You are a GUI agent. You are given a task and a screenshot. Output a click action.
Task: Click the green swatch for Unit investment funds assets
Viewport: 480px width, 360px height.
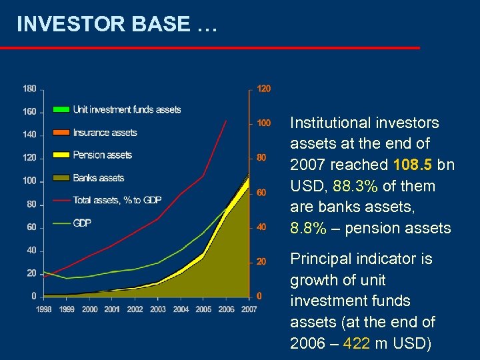(x=61, y=109)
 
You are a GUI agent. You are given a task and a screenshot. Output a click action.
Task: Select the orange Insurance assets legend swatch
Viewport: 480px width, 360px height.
(x=61, y=132)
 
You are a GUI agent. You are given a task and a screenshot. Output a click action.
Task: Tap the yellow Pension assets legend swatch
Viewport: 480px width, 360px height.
(x=61, y=155)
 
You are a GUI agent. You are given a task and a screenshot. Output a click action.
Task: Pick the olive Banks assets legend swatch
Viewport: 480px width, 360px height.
(x=61, y=178)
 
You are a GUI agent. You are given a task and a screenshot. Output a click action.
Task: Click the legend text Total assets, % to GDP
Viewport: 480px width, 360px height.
(x=117, y=200)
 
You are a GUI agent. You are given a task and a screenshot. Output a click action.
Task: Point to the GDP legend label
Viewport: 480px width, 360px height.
(x=82, y=223)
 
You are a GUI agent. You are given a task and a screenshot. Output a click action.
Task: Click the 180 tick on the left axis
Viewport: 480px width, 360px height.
(x=29, y=88)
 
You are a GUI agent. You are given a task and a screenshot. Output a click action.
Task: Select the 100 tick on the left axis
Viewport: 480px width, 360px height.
(x=29, y=181)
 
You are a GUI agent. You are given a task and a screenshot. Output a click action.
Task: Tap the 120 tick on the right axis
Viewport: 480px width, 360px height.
(x=264, y=89)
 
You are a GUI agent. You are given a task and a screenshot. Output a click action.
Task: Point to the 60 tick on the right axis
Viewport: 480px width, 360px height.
(x=262, y=193)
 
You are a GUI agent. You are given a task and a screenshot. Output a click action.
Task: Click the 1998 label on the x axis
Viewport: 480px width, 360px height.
(x=44, y=309)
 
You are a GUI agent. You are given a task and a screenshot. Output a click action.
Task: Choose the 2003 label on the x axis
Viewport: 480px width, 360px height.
(x=157, y=309)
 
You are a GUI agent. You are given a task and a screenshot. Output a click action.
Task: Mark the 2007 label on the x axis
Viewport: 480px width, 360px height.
(x=249, y=309)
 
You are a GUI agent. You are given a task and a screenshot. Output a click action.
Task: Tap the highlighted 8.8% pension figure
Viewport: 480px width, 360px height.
(x=308, y=228)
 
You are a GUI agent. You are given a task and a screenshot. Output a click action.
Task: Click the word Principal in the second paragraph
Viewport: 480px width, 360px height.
(x=319, y=259)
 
